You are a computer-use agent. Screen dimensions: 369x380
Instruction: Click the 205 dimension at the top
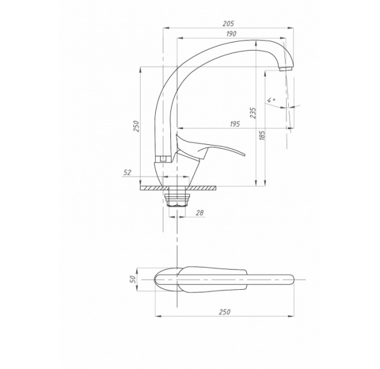(229, 22)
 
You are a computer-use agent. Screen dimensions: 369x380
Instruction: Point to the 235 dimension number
(253, 113)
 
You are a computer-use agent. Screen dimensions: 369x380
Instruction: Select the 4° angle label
(271, 100)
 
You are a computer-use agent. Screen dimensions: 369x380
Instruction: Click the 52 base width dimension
(127, 172)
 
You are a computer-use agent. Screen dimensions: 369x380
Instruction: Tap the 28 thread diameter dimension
(199, 213)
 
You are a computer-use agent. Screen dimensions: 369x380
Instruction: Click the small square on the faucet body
(162, 158)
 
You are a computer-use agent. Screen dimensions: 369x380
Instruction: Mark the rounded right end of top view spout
(291, 279)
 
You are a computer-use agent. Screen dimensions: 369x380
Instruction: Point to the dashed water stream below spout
(286, 101)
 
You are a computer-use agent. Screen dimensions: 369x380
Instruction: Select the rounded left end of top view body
(156, 279)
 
